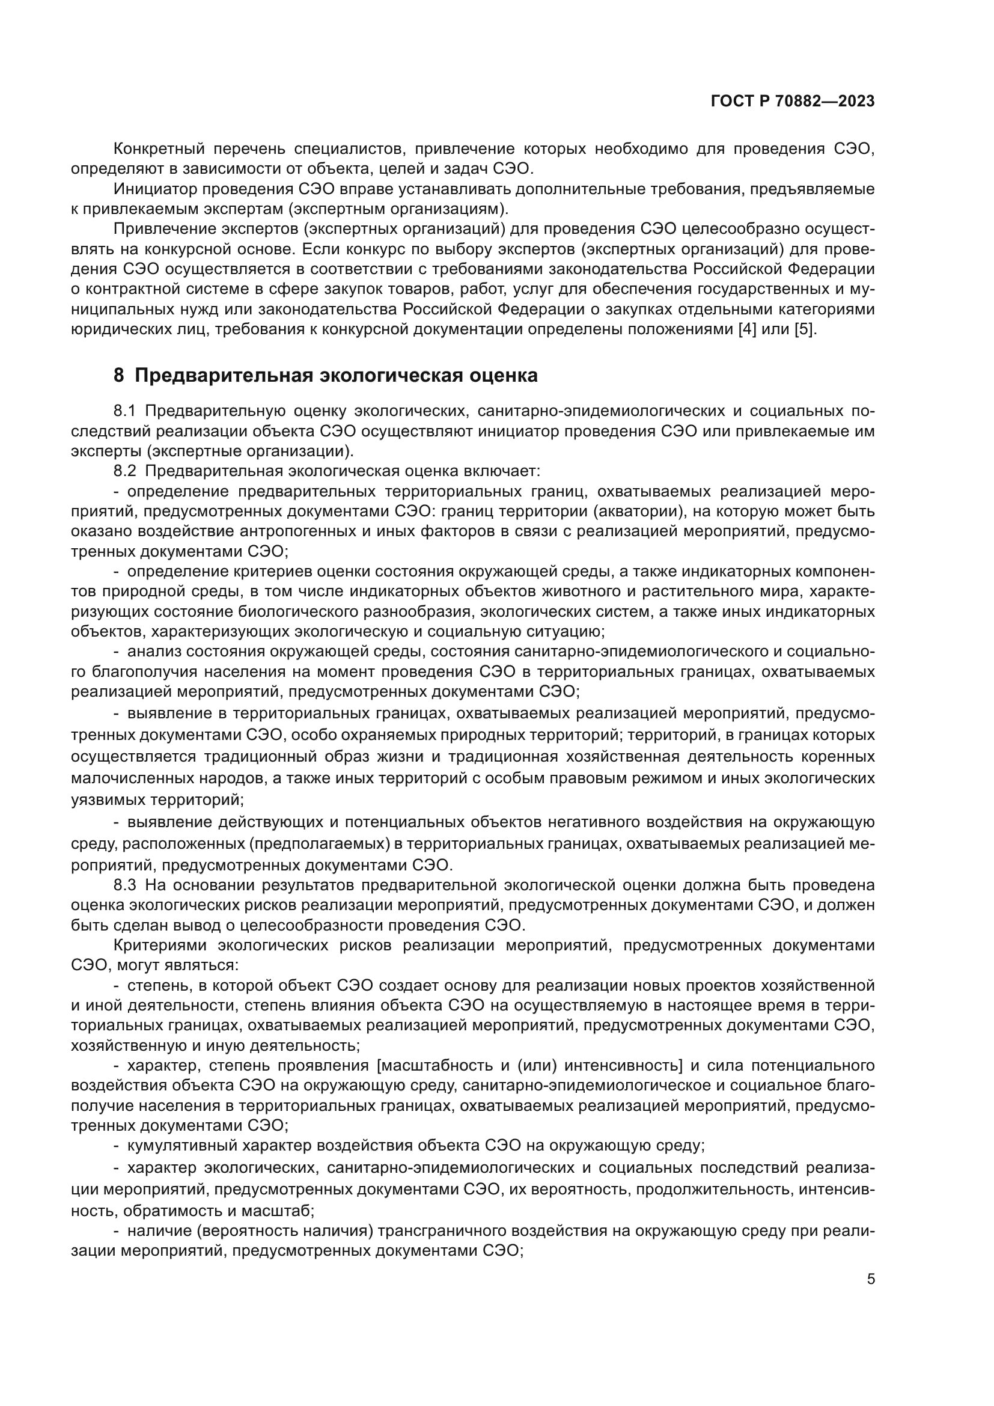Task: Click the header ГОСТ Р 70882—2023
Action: [x=793, y=102]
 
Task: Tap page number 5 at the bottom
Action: [x=871, y=1279]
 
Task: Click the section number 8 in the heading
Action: [x=119, y=375]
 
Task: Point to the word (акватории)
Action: [x=635, y=512]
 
